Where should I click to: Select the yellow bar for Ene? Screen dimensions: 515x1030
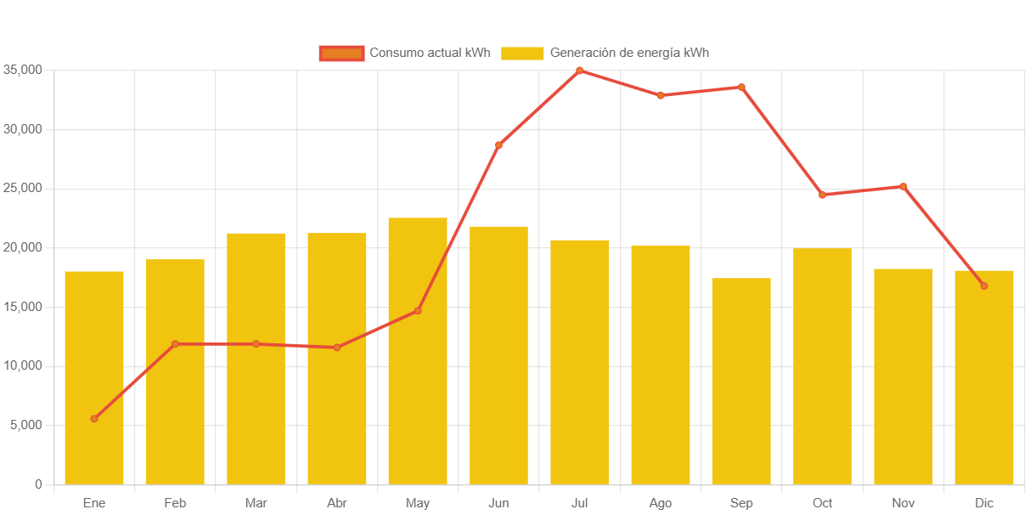coord(94,377)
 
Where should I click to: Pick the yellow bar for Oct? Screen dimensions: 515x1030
coord(822,365)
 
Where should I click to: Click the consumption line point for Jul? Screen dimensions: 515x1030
coord(579,71)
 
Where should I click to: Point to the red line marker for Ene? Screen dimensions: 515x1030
coord(94,418)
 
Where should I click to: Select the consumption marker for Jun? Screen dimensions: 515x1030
coord(498,145)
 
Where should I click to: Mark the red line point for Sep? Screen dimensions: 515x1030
coord(741,87)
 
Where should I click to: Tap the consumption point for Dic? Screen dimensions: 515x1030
coord(984,286)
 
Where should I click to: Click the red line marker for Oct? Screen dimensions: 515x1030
coord(822,195)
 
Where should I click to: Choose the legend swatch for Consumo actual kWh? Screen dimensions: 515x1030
coord(341,53)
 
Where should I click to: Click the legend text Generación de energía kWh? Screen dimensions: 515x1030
coord(629,53)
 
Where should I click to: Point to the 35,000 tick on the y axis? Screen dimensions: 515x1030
coord(22,70)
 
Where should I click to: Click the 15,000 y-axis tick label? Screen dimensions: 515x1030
coord(22,306)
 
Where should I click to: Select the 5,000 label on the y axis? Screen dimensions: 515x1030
coord(25,425)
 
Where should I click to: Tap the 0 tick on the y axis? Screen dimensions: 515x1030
coord(38,484)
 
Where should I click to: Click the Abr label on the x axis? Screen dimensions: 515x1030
coord(337,503)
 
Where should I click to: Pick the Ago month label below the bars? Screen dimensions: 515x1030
coord(661,503)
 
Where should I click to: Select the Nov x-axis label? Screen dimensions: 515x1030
coord(903,503)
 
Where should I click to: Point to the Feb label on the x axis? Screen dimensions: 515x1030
coord(175,503)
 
